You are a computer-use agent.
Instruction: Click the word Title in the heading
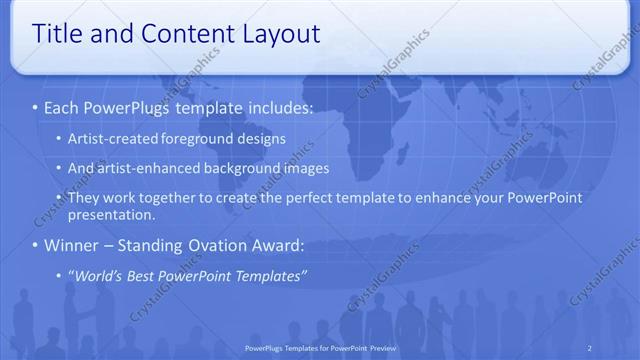click(x=58, y=34)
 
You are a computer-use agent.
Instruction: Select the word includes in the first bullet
click(x=275, y=107)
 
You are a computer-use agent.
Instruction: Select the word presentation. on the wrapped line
click(x=110, y=214)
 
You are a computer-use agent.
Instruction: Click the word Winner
click(x=72, y=245)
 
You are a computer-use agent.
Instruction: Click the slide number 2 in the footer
click(x=589, y=348)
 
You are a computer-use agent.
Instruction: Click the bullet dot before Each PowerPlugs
click(x=35, y=107)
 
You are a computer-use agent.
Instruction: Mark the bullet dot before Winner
click(x=35, y=245)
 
